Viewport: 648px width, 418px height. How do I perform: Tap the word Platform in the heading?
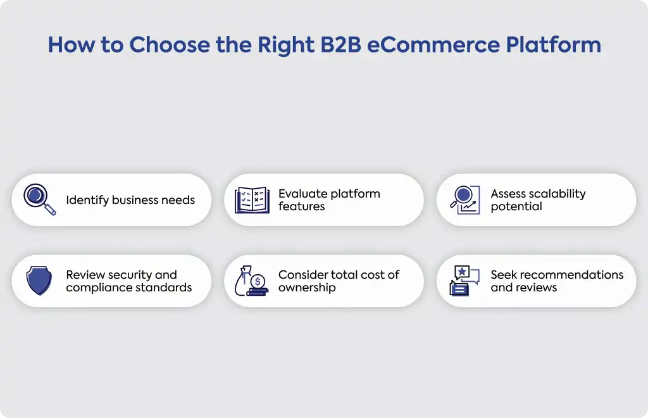tap(553, 45)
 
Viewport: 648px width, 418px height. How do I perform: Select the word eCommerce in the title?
tap(433, 45)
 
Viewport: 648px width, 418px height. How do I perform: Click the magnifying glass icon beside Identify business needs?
tap(40, 199)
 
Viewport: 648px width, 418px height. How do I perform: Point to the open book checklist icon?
tap(252, 200)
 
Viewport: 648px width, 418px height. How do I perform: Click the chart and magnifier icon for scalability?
tap(465, 200)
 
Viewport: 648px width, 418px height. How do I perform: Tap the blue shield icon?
tap(39, 281)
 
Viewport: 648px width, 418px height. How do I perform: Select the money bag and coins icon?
tap(251, 281)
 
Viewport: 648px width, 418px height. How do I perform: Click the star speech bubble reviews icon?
tap(464, 281)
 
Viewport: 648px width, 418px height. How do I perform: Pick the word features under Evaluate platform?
tap(302, 206)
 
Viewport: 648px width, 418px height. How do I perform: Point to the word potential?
tap(516, 206)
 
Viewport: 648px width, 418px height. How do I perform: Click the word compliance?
tap(96, 288)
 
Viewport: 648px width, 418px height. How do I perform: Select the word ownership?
tap(307, 288)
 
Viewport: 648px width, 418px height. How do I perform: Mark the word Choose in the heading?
tap(170, 45)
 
